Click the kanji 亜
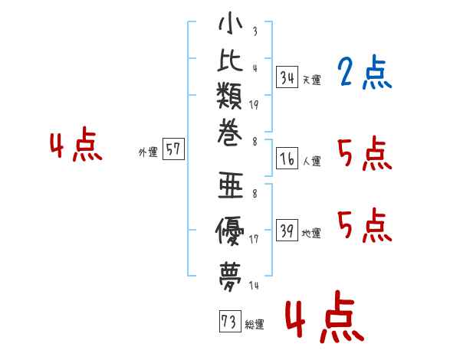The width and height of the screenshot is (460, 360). [x=230, y=187]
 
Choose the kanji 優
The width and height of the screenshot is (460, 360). [x=230, y=230]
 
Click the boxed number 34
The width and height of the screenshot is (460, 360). [x=287, y=77]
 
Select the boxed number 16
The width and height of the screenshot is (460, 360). [x=287, y=159]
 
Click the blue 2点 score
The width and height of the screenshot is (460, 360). [x=364, y=74]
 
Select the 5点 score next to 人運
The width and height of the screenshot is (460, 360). [x=364, y=156]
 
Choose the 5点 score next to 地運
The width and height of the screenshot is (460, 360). [x=364, y=224]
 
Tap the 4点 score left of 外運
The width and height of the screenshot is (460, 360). [x=75, y=147]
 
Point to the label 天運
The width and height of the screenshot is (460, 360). [x=311, y=80]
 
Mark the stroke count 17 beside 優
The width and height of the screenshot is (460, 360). [x=254, y=240]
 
